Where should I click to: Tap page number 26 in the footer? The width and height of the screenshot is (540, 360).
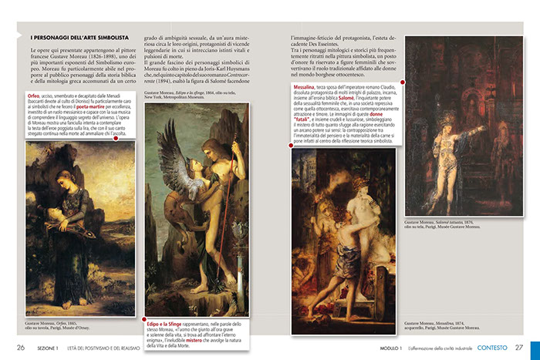tap(22, 348)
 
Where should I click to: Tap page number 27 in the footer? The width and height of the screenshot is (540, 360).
tap(519, 348)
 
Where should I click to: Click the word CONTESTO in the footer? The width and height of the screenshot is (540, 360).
tap(492, 348)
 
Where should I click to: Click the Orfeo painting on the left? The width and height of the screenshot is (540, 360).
tap(69, 228)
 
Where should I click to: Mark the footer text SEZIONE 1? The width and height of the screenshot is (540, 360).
tap(53, 348)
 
